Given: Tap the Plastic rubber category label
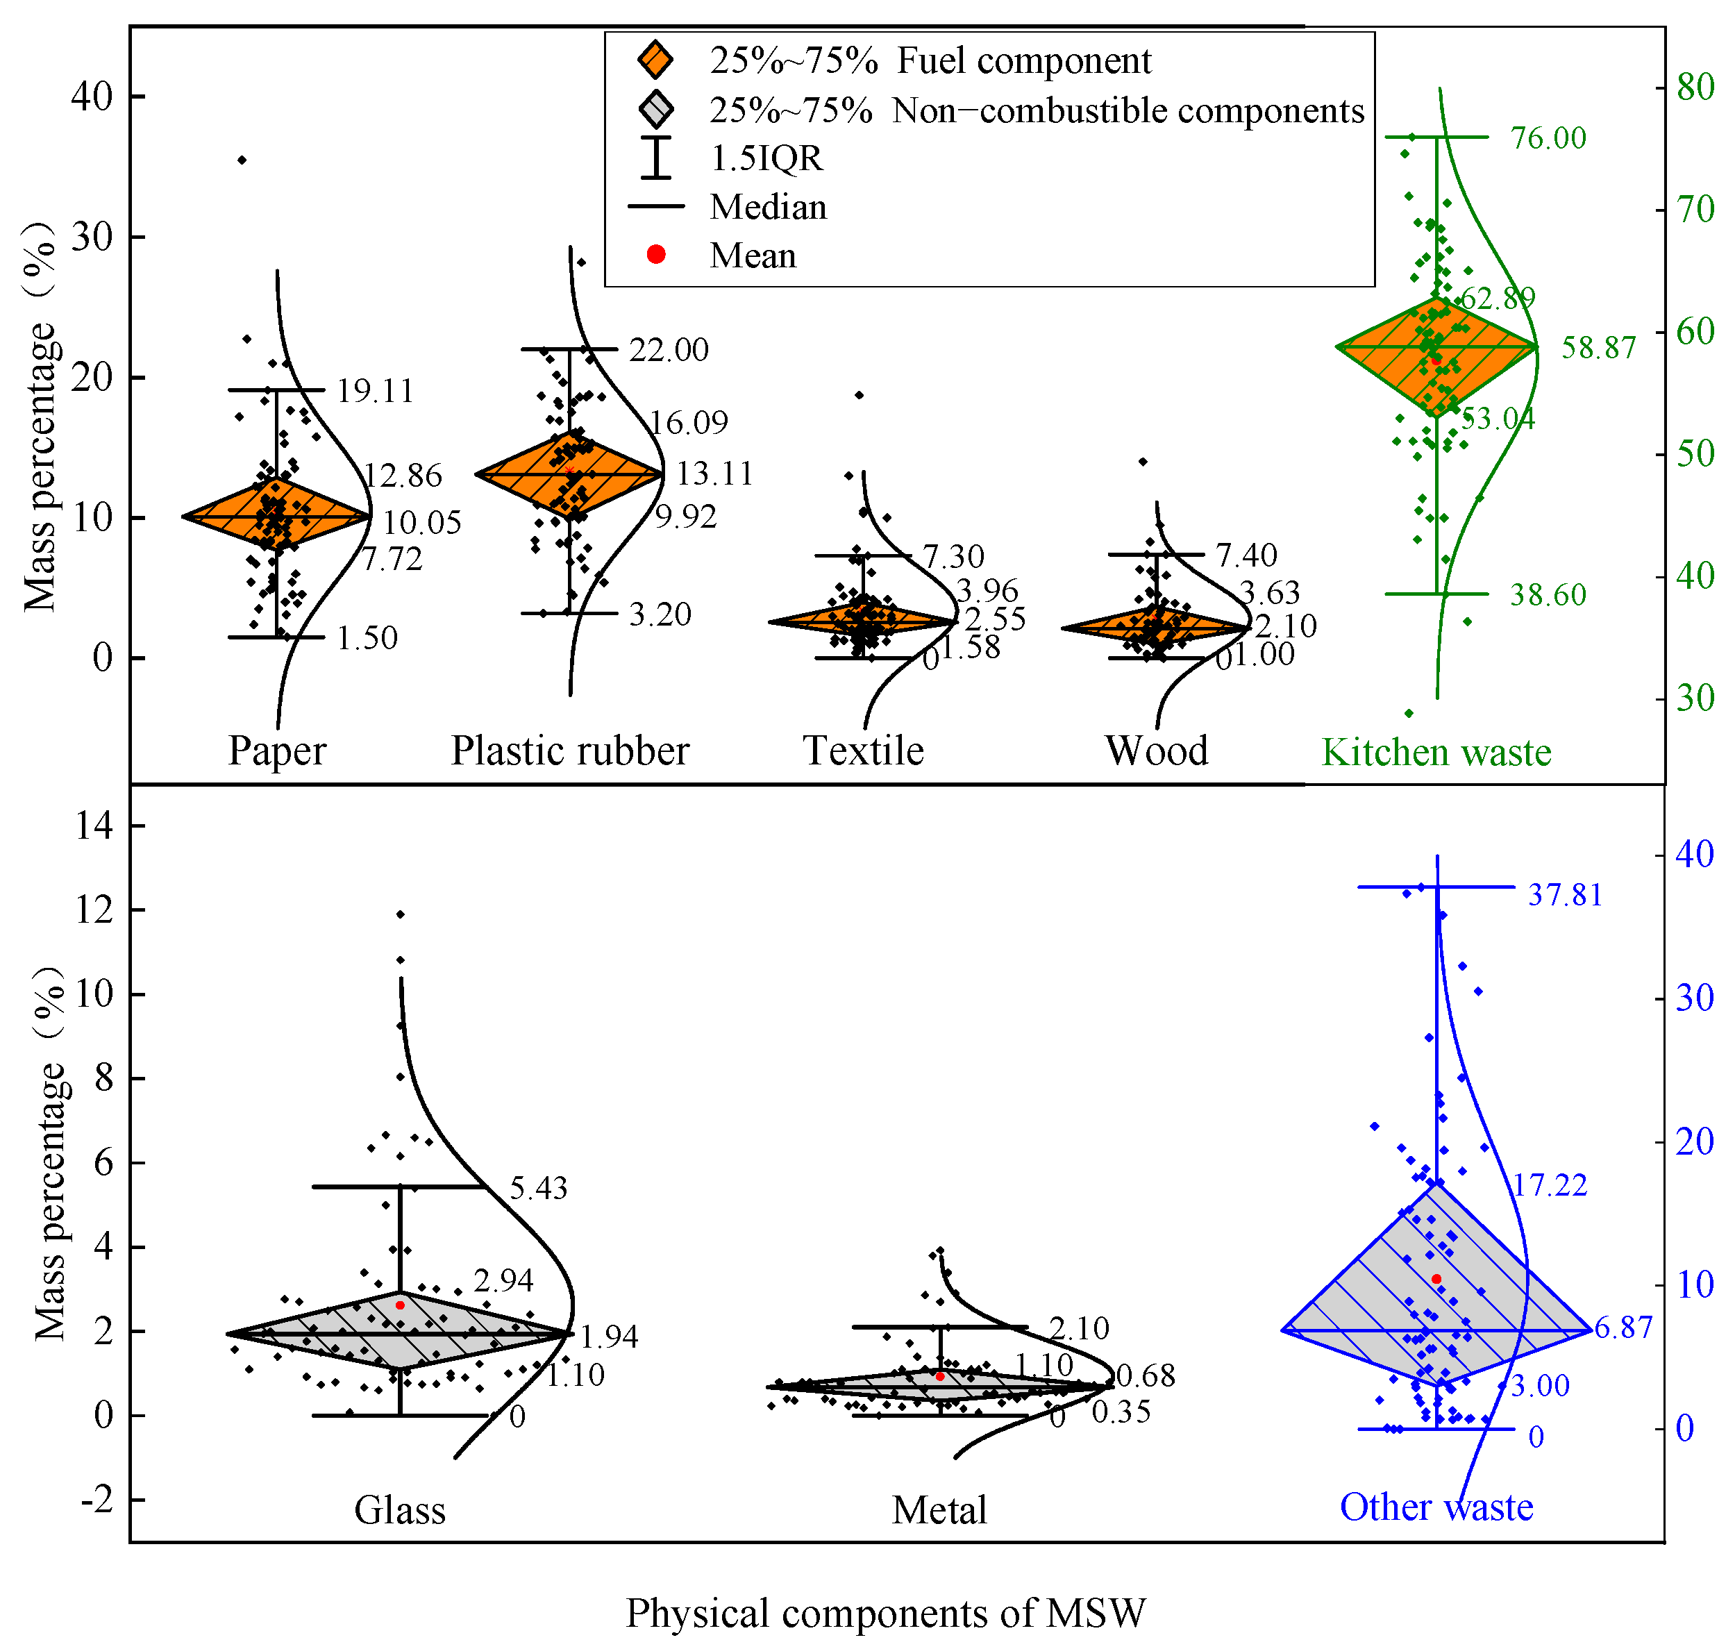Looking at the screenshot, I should (569, 751).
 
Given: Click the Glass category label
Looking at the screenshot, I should (399, 1509).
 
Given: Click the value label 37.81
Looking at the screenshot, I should (1564, 895).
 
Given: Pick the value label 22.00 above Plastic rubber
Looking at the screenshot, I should (668, 350).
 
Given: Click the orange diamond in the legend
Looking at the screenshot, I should (655, 60).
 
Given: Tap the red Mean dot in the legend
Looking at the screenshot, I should (655, 254).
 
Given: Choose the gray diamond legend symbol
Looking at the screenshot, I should (655, 110).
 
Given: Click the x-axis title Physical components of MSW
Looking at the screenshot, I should (885, 1613).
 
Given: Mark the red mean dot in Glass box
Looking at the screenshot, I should (400, 1305).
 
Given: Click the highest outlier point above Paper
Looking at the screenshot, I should (242, 160).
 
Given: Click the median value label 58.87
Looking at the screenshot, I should (1598, 348).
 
